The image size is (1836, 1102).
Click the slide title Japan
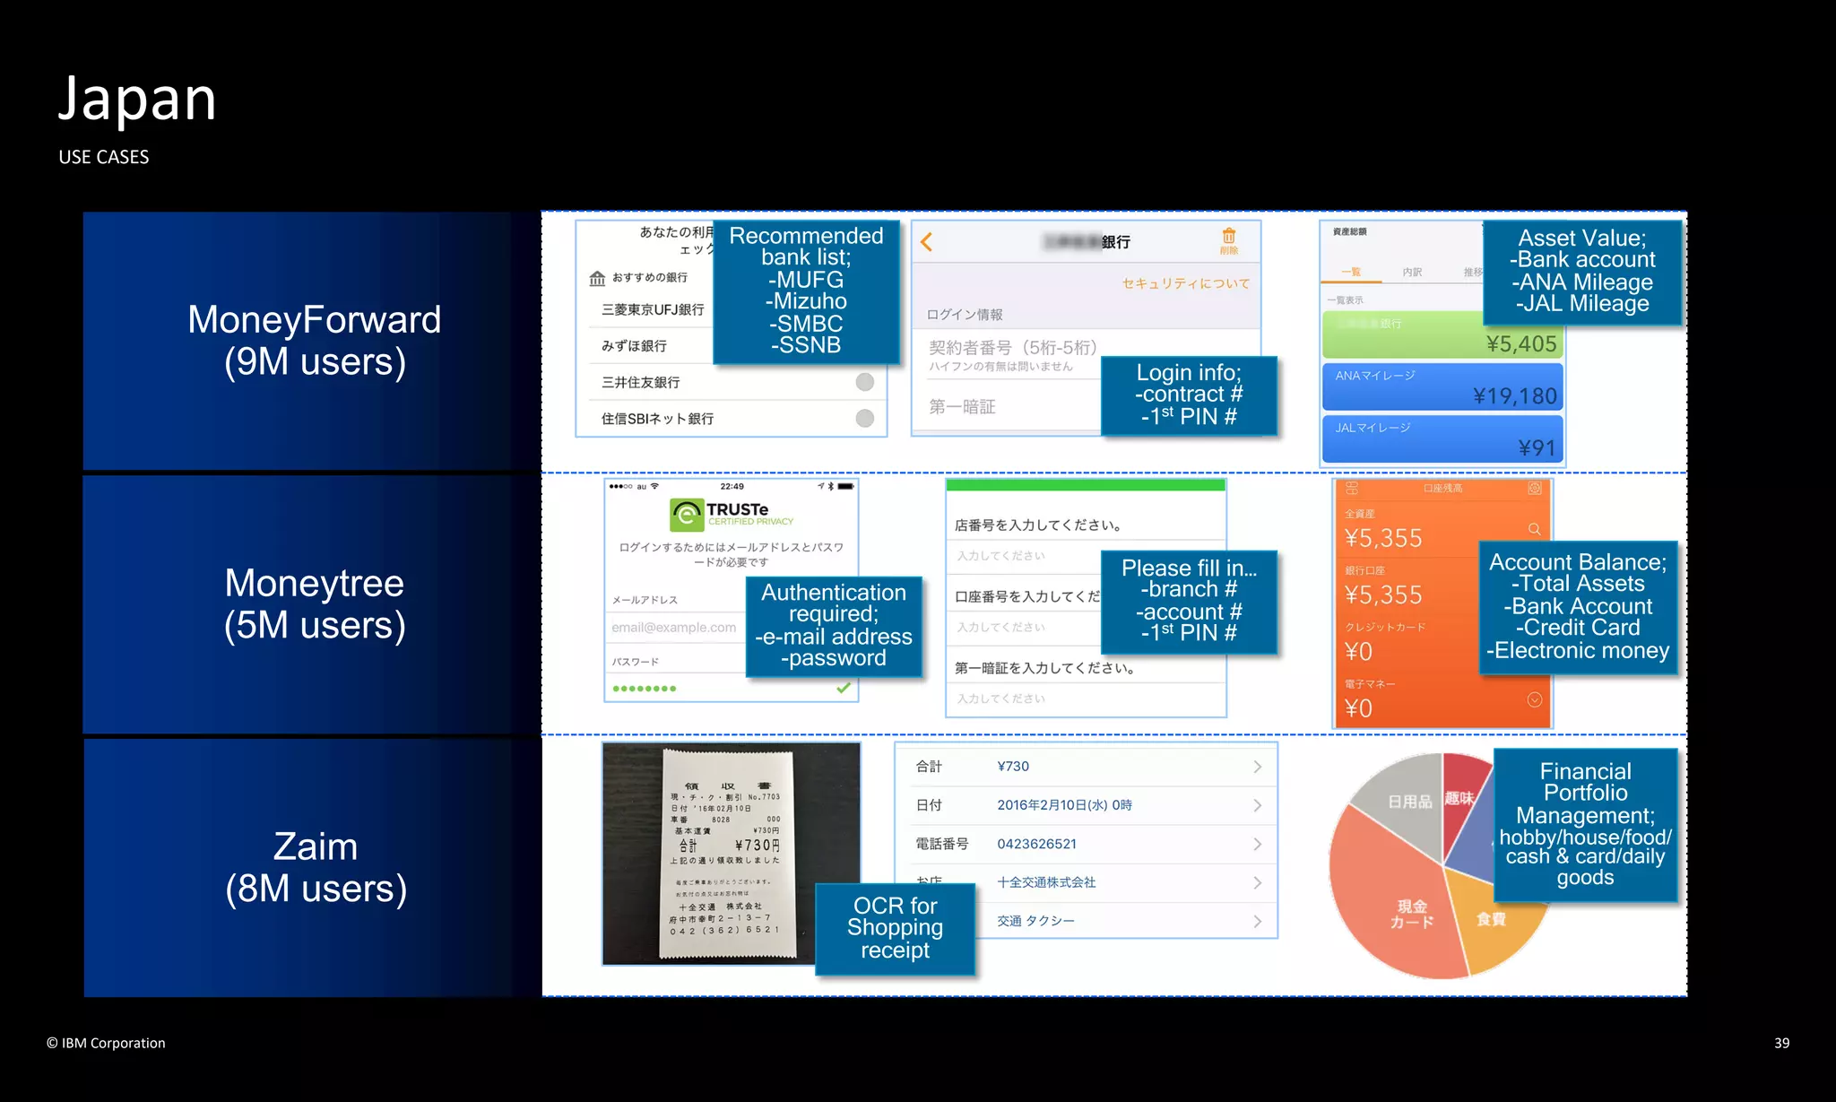137,100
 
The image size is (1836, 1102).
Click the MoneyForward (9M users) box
314,341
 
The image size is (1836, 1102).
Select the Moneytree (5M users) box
314,604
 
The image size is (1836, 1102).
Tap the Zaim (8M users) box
315,867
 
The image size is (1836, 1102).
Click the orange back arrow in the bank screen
927,242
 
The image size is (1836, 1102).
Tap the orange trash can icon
1228,237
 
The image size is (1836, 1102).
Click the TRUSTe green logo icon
687,515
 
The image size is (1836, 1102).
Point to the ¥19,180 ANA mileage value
1514,396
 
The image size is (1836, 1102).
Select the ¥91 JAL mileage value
1537,447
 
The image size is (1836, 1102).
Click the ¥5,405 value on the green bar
1520,344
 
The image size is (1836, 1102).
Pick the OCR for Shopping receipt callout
895,928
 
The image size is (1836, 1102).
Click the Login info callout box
1189,395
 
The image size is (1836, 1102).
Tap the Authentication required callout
834,625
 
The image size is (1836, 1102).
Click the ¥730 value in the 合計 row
1013,767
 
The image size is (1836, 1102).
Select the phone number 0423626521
1036,844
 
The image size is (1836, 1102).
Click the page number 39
1781,1043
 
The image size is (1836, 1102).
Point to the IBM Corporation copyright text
107,1043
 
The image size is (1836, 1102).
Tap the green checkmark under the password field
843,688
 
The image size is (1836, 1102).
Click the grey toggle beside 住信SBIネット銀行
864,419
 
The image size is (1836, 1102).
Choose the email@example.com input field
674,628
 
